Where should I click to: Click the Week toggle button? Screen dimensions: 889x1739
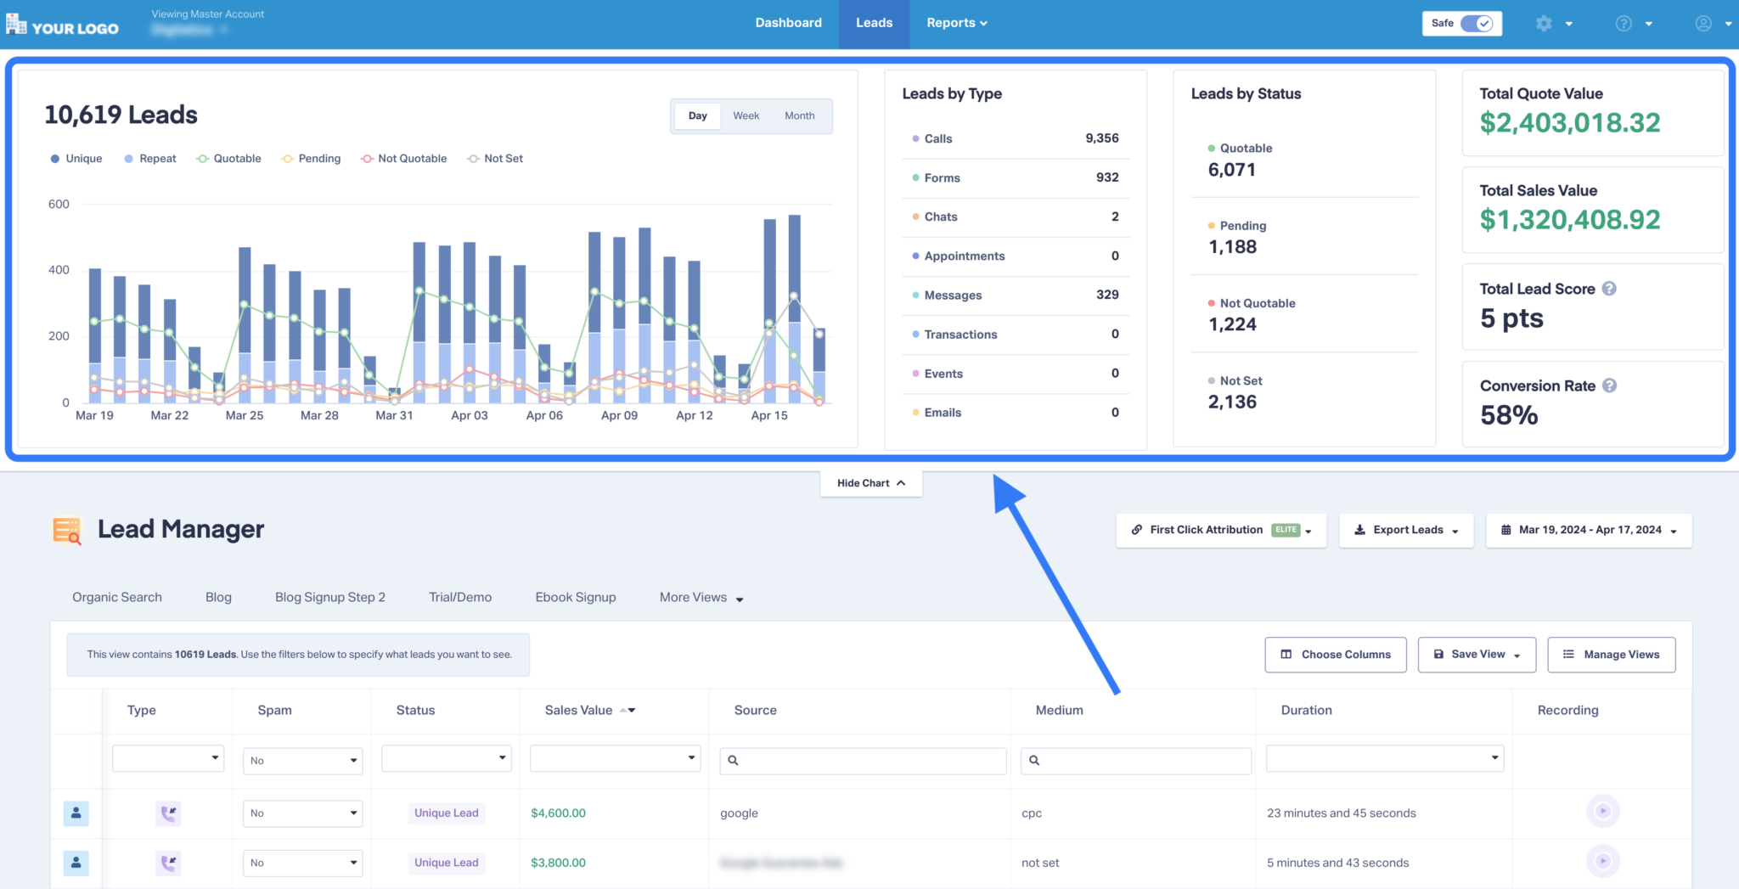(746, 115)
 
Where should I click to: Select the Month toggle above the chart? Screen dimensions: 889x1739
(799, 115)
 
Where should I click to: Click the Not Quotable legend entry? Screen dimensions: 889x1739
(404, 159)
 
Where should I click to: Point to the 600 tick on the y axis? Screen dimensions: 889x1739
(59, 204)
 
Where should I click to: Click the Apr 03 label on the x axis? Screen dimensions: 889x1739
(469, 415)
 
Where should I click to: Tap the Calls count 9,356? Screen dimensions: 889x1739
(1101, 138)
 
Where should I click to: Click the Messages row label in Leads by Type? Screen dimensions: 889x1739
(953, 295)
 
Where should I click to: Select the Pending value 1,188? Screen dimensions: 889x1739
(1232, 247)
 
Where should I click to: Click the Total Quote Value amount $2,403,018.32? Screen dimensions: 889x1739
(1569, 123)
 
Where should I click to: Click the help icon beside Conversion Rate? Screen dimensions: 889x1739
(1609, 385)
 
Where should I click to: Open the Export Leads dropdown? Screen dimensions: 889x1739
(1406, 530)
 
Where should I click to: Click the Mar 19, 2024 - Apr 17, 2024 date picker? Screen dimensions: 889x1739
(1589, 530)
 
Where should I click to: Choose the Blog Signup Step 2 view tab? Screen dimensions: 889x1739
(329, 598)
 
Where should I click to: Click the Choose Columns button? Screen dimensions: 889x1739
(1335, 655)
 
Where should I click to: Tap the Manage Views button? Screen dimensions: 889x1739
(1611, 655)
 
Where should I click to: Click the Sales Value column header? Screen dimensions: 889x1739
(579, 711)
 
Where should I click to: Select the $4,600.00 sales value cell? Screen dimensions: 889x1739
(558, 813)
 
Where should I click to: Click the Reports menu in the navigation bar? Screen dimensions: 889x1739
(956, 23)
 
